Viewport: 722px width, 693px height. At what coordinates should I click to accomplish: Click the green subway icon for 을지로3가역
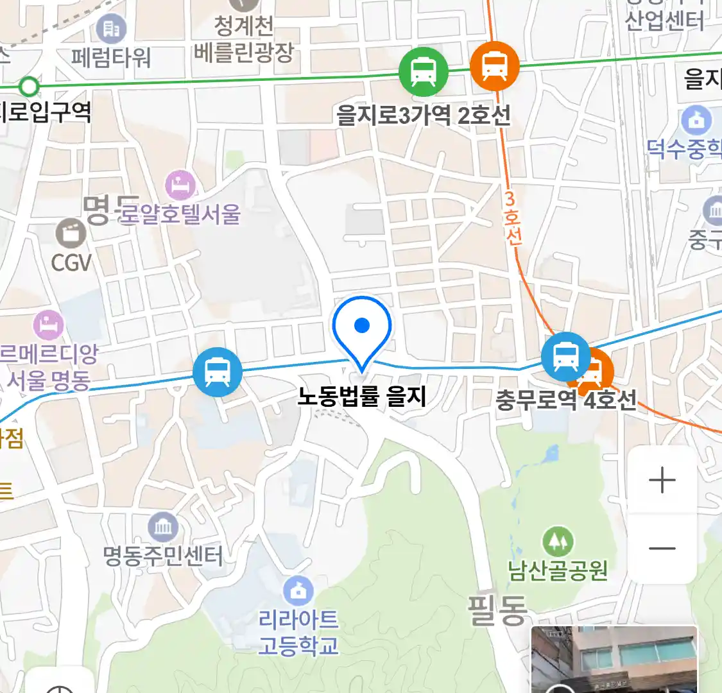(423, 71)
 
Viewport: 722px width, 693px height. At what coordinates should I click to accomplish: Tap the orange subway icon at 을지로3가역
(494, 65)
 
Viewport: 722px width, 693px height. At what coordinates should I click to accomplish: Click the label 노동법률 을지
(362, 397)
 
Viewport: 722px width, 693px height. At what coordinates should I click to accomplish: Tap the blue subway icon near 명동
(218, 372)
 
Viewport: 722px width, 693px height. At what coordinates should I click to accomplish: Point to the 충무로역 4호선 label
(566, 400)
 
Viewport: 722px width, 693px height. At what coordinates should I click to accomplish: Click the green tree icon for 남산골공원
(557, 542)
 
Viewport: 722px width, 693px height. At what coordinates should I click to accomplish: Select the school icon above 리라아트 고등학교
(298, 591)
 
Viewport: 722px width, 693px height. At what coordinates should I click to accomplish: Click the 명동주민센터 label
(163, 556)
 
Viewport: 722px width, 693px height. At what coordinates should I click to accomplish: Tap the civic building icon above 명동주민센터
(163, 527)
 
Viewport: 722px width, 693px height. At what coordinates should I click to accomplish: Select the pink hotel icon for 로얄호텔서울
(180, 185)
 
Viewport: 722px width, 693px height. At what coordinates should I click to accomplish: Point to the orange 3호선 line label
(511, 218)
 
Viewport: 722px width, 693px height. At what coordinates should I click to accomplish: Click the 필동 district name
(497, 610)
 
